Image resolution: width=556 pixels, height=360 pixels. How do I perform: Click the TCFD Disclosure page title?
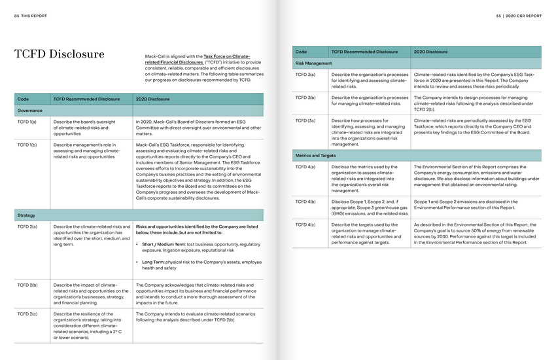(x=60, y=54)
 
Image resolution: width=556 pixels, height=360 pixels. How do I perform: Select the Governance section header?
(x=29, y=111)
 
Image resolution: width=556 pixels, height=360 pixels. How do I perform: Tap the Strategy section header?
(x=27, y=215)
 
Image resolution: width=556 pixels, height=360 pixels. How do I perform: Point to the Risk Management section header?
(x=314, y=63)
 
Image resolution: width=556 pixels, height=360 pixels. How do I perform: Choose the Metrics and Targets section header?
(x=316, y=156)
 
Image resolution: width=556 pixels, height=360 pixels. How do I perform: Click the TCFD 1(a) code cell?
(x=27, y=122)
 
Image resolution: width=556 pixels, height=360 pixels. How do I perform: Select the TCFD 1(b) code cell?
(x=27, y=144)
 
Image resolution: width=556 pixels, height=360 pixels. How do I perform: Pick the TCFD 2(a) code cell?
(x=27, y=226)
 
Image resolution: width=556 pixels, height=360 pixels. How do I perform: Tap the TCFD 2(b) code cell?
(x=27, y=285)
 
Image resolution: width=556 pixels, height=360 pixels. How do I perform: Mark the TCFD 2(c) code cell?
(x=27, y=314)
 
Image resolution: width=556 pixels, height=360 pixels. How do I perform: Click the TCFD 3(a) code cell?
(x=305, y=75)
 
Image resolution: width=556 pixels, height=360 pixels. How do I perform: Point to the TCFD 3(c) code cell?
(x=305, y=120)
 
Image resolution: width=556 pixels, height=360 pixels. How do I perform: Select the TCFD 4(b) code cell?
(x=305, y=202)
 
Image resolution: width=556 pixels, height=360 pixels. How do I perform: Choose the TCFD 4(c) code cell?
(x=305, y=225)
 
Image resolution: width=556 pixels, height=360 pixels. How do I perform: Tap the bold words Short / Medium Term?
(x=164, y=244)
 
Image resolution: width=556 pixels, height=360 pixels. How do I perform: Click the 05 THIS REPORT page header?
(x=26, y=15)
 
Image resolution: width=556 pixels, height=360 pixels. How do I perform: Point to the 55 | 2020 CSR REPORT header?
(x=519, y=15)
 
